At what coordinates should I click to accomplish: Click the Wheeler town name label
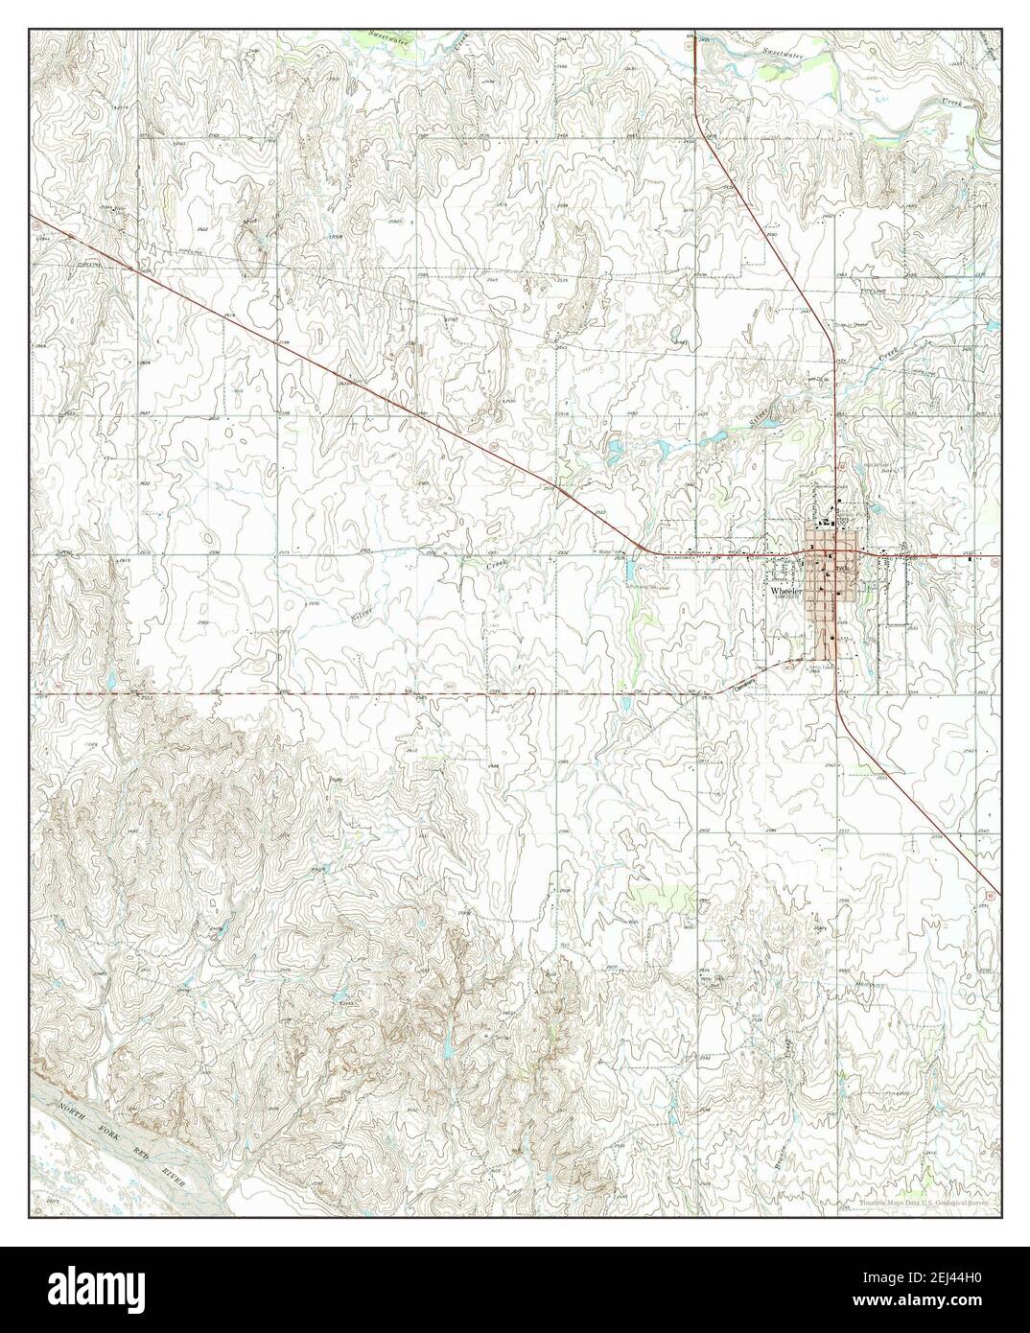pos(787,592)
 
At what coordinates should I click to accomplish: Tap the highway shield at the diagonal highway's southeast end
pos(992,895)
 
